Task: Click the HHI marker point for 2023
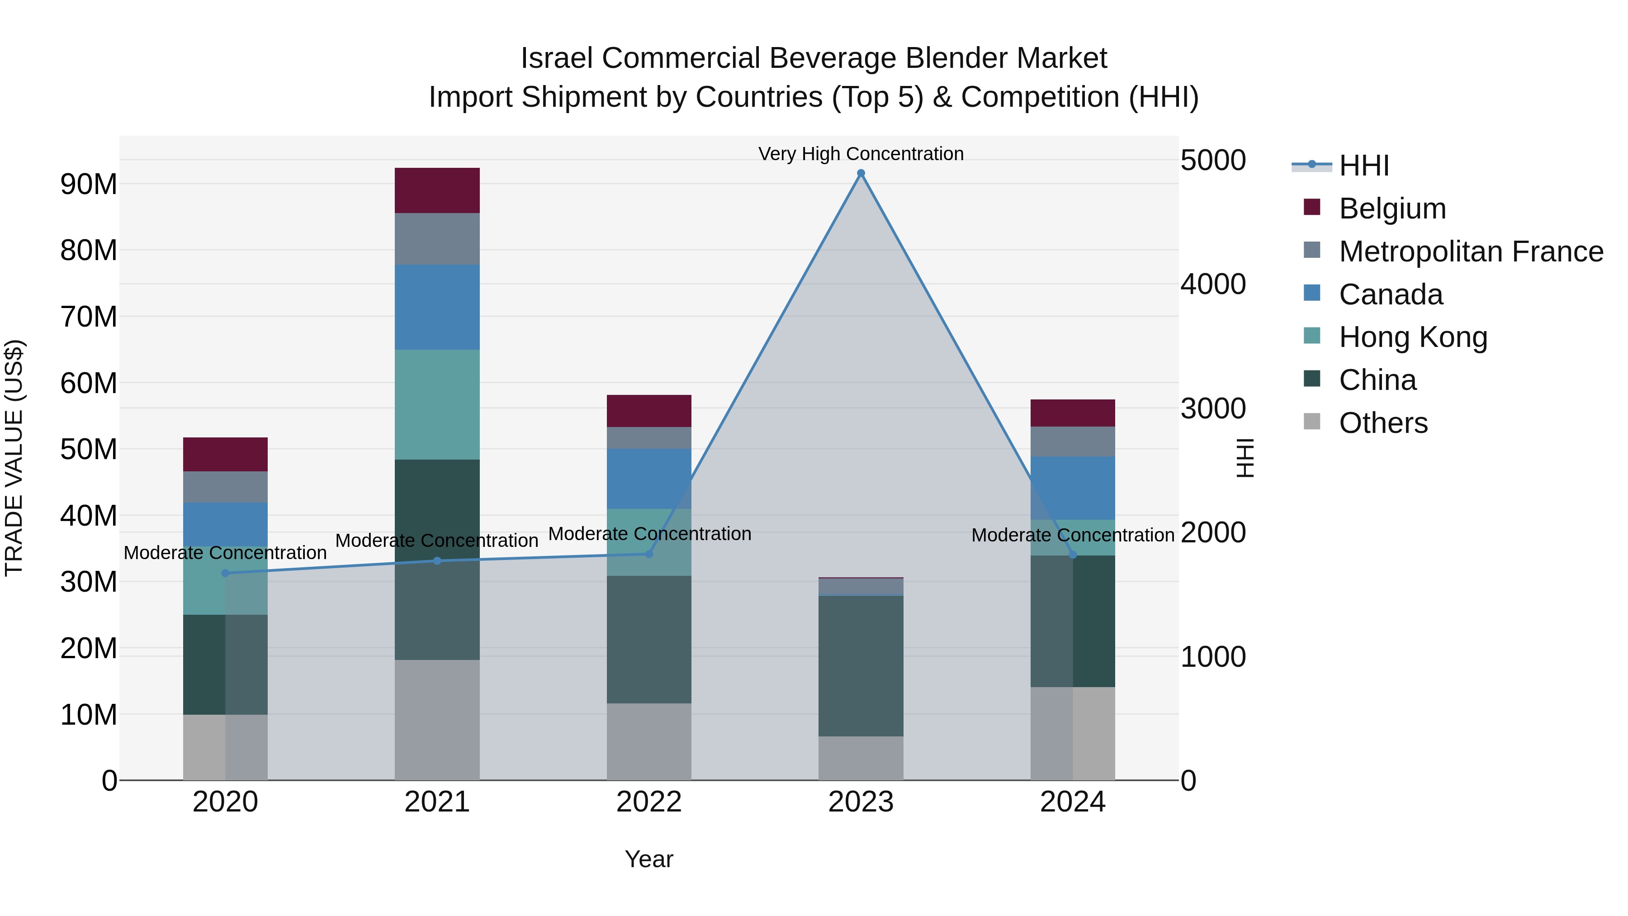[861, 173]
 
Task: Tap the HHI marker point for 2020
[226, 574]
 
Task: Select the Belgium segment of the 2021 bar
[437, 190]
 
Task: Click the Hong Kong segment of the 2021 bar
[437, 404]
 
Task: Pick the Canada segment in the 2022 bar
[649, 479]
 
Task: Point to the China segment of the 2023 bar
[861, 666]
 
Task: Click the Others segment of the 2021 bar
[437, 720]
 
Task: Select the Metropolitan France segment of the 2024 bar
[1073, 441]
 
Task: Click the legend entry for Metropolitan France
[1470, 252]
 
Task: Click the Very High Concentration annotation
[861, 154]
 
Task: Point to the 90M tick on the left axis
[89, 185]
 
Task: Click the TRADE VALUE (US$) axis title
[14, 458]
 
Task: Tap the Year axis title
[649, 859]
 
